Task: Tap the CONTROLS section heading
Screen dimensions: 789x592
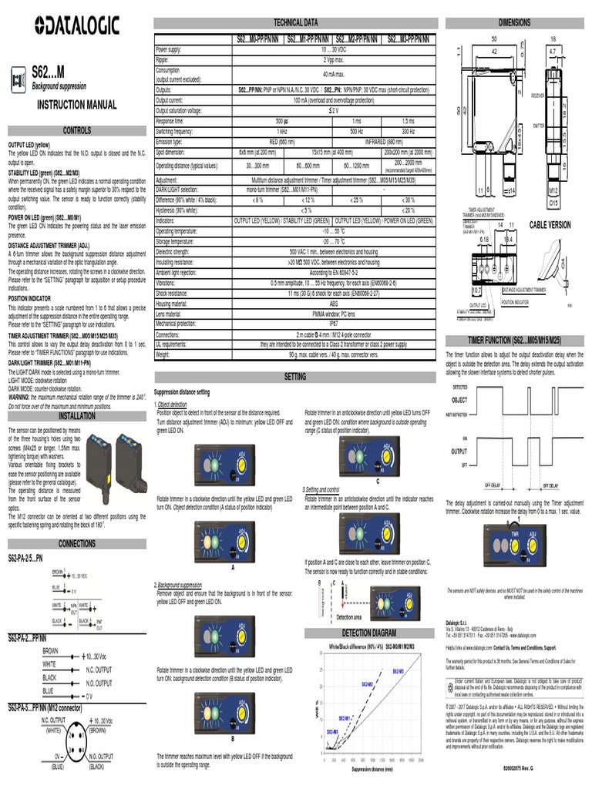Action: tap(76, 131)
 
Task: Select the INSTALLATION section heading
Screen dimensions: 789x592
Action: tap(76, 415)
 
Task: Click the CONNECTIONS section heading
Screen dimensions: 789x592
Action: tap(76, 543)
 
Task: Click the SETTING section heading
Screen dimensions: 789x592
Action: tap(295, 375)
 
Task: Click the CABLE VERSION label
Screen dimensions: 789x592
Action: tap(550, 224)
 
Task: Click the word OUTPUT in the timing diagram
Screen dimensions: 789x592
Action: tap(461, 452)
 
